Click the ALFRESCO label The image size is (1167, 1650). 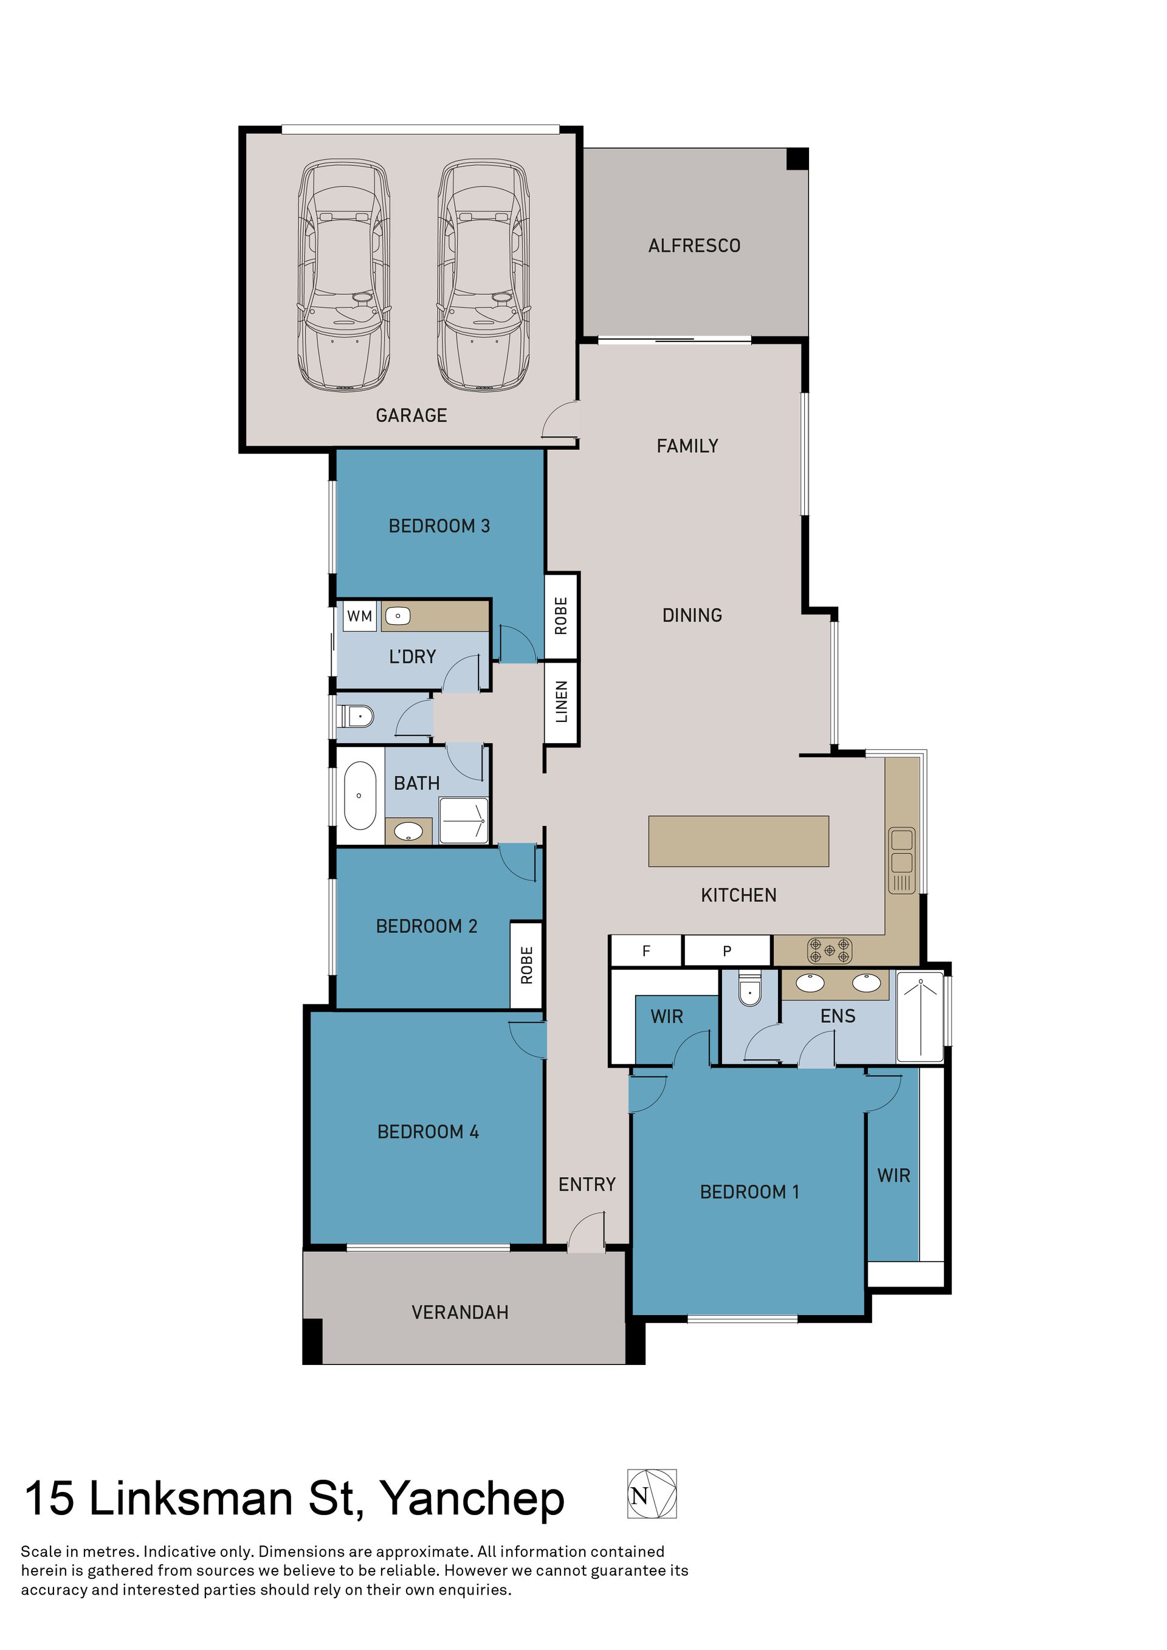(x=694, y=246)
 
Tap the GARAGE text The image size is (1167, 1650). (x=411, y=415)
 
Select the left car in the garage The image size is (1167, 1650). (x=345, y=275)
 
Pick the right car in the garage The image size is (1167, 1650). (x=484, y=275)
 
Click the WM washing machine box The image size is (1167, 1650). (x=360, y=616)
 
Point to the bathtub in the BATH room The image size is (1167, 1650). (x=360, y=796)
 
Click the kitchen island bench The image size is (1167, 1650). (x=738, y=841)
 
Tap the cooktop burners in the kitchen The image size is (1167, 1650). (x=830, y=950)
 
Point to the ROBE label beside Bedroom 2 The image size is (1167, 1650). (x=527, y=965)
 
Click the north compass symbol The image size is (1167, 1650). (x=652, y=1494)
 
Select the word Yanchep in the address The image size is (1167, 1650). (x=472, y=1500)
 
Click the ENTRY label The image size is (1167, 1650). (x=587, y=1184)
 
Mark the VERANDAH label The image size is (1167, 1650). (x=460, y=1312)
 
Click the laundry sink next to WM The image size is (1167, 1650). (x=398, y=616)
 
